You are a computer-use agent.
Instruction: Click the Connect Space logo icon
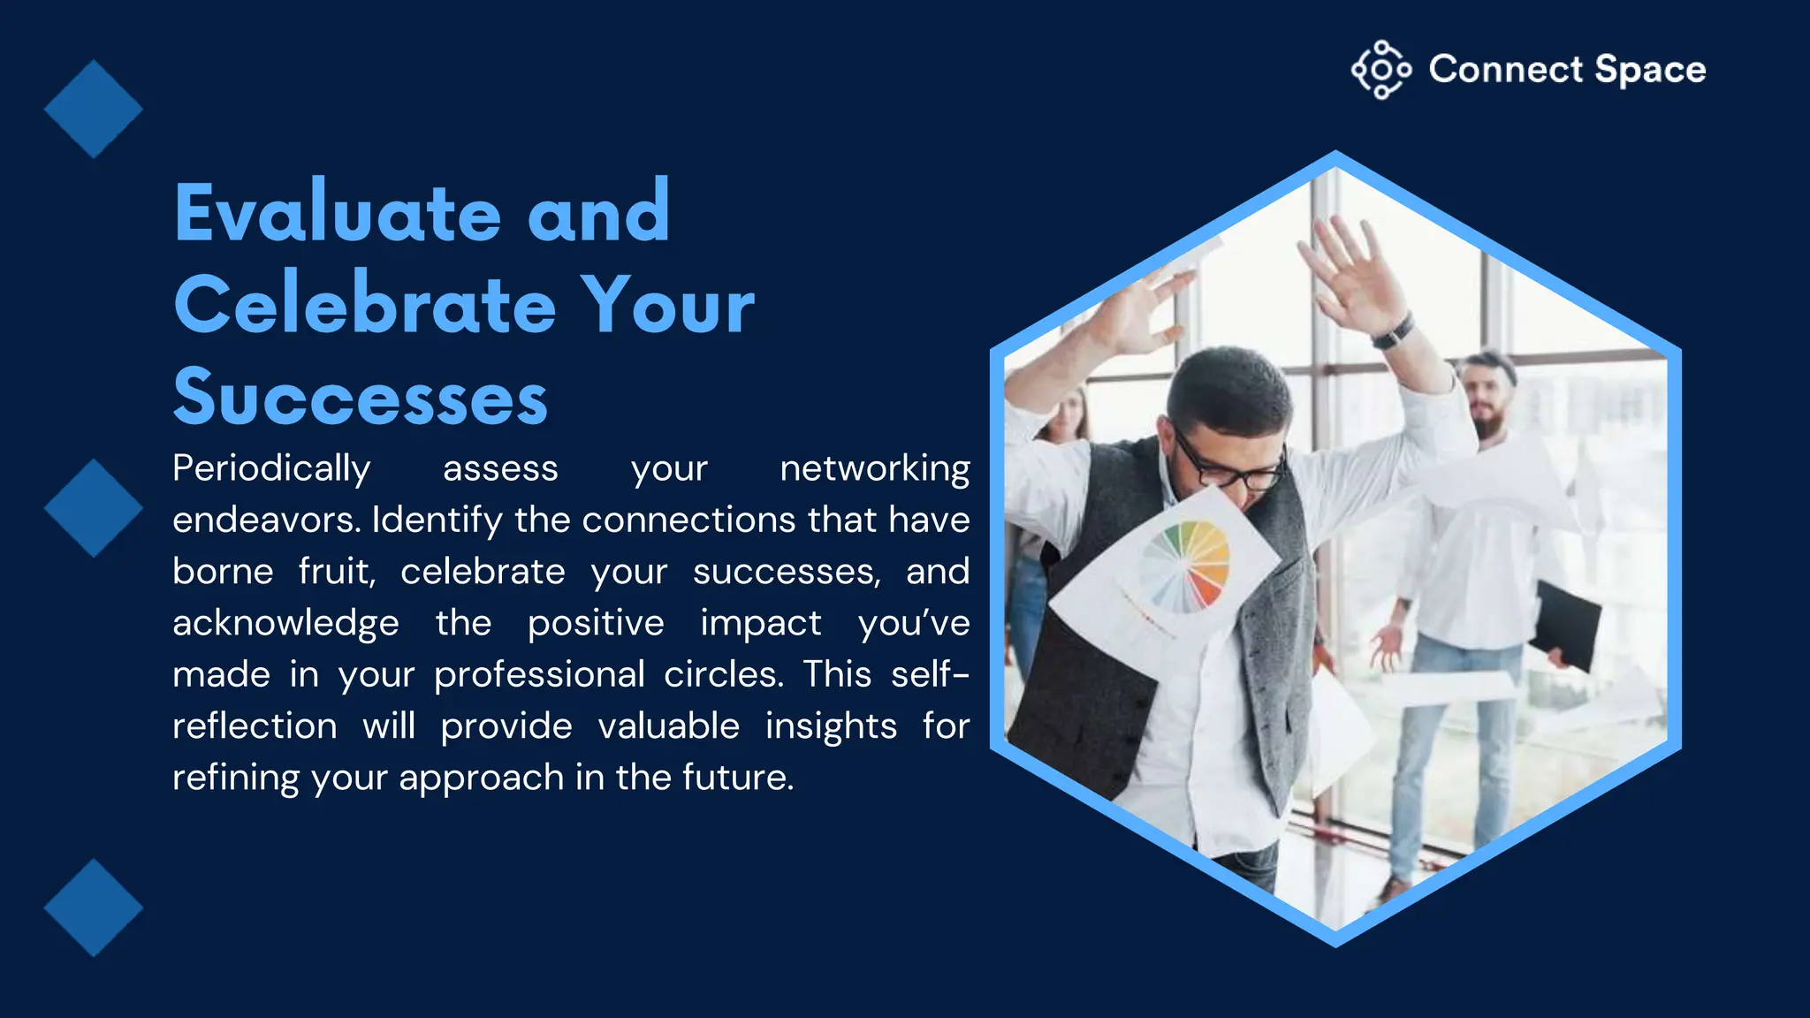1380,69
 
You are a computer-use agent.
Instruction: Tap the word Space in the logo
1650,70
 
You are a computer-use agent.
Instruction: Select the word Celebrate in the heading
365,305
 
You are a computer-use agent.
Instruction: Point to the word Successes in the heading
361,398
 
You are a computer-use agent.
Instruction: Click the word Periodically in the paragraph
271,469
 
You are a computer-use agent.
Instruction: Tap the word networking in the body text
874,469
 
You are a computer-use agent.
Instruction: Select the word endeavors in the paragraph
265,520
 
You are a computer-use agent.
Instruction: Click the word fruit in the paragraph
336,572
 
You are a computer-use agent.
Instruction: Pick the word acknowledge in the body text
285,624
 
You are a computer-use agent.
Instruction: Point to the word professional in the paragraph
539,675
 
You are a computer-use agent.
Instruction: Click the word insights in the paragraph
831,726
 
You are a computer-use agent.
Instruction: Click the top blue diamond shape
93,109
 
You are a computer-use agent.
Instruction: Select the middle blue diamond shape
93,508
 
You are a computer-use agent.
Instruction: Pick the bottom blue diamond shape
93,908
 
